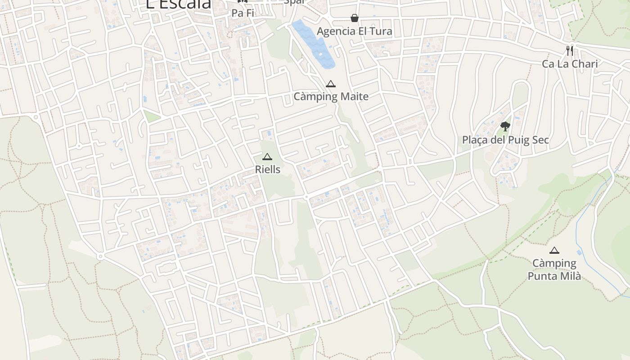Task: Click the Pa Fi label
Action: pyautogui.click(x=243, y=13)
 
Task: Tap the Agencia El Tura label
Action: pyautogui.click(x=354, y=31)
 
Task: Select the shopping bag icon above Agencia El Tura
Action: pyautogui.click(x=355, y=18)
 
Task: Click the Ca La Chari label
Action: pyautogui.click(x=570, y=63)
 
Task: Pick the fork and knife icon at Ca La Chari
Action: pyautogui.click(x=570, y=50)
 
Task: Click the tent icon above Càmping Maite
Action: pyautogui.click(x=331, y=84)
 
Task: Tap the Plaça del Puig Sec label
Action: pyautogui.click(x=505, y=139)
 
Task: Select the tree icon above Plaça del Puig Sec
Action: pyautogui.click(x=505, y=126)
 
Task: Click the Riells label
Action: pyautogui.click(x=267, y=169)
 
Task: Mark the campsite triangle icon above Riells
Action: pyautogui.click(x=267, y=157)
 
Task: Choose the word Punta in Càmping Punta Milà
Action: pyautogui.click(x=541, y=276)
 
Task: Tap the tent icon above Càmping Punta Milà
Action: pyautogui.click(x=554, y=250)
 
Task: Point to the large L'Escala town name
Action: pyautogui.click(x=179, y=4)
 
